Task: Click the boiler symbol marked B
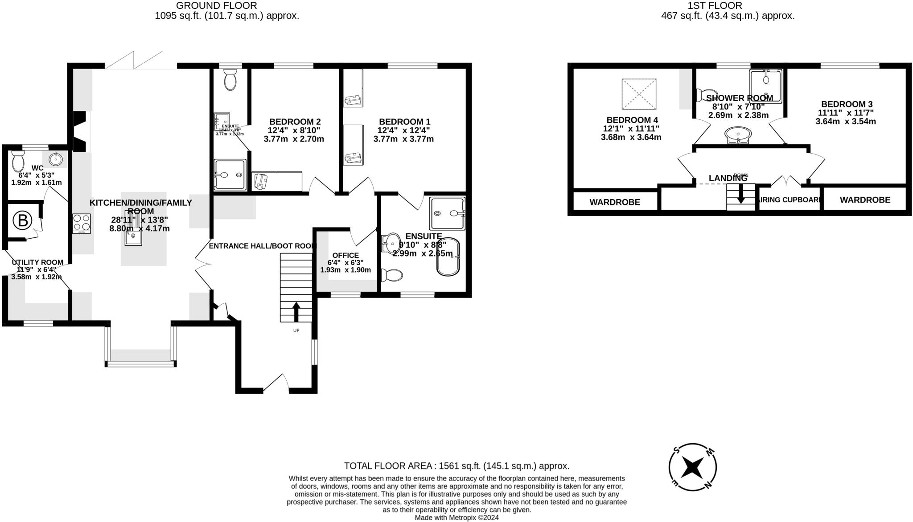pyautogui.click(x=23, y=220)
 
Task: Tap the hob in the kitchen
pyautogui.click(x=82, y=224)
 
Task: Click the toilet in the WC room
pyautogui.click(x=18, y=161)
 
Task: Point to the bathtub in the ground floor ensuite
pyautogui.click(x=448, y=257)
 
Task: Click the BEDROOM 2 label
pyautogui.click(x=295, y=122)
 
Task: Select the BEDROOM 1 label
pyautogui.click(x=404, y=122)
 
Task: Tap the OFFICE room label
pyautogui.click(x=345, y=255)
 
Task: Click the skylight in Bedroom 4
pyautogui.click(x=639, y=94)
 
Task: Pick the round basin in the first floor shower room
pyautogui.click(x=738, y=134)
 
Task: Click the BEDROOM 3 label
pyautogui.click(x=847, y=104)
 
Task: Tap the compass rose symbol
pyautogui.click(x=692, y=467)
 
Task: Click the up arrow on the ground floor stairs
pyautogui.click(x=296, y=311)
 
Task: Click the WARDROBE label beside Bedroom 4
pyautogui.click(x=614, y=202)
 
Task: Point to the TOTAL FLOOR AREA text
pyautogui.click(x=456, y=466)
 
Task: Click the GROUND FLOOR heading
pyautogui.click(x=216, y=5)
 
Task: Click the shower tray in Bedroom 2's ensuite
pyautogui.click(x=230, y=175)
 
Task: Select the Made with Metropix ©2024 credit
pyautogui.click(x=456, y=518)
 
